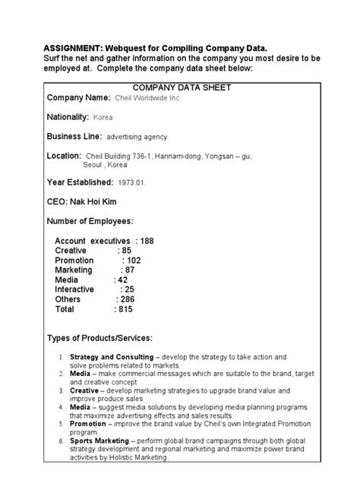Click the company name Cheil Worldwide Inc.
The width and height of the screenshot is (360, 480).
pyautogui.click(x=148, y=99)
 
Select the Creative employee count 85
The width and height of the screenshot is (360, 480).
pyautogui.click(x=125, y=251)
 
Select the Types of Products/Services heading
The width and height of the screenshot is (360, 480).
pyautogui.click(x=99, y=338)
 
